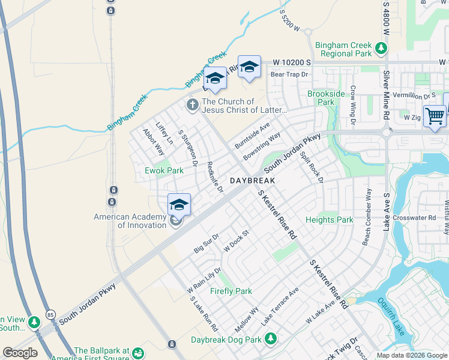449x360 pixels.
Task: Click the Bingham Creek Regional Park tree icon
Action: tap(380, 47)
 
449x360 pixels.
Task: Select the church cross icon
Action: tap(192, 106)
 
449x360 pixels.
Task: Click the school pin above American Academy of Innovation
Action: tap(179, 205)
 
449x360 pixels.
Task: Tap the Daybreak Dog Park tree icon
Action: tap(271, 340)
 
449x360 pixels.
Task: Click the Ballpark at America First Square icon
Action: tap(139, 353)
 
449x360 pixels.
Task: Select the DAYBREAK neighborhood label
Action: tap(252, 181)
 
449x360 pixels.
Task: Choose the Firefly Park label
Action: tap(231, 291)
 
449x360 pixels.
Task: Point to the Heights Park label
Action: tap(329, 220)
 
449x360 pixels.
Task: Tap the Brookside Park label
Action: tap(326, 98)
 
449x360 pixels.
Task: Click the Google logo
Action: tap(20, 353)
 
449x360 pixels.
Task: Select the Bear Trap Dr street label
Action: tap(289, 74)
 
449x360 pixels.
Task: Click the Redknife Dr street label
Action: tap(214, 177)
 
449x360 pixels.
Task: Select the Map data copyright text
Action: tap(412, 355)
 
